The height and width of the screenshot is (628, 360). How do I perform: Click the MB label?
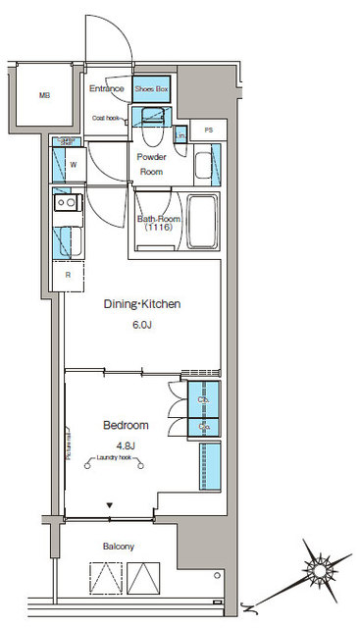point(44,95)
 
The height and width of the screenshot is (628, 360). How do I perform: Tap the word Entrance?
point(107,89)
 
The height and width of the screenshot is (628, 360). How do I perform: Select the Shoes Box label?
point(153,89)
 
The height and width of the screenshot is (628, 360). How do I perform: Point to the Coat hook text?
point(106,118)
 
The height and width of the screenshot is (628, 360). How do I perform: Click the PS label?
point(209,130)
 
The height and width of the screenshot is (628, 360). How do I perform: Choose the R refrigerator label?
point(67,275)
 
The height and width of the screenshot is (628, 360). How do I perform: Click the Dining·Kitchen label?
point(142,304)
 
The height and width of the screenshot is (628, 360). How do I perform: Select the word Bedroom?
point(126,425)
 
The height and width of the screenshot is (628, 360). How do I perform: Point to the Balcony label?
point(117,546)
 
